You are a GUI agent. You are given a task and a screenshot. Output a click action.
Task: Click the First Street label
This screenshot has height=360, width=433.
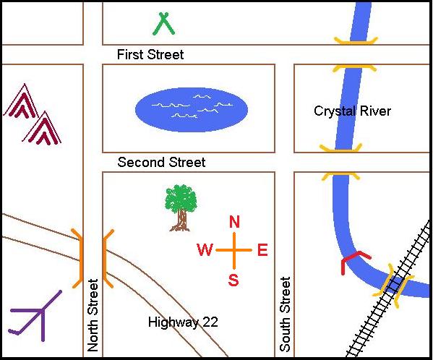tap(150, 54)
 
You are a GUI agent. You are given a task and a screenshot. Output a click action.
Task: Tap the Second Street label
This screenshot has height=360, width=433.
tap(161, 162)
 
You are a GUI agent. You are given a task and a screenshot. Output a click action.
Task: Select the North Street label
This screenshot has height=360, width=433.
tap(93, 315)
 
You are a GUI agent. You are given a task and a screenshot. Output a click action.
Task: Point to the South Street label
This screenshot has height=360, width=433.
tap(285, 314)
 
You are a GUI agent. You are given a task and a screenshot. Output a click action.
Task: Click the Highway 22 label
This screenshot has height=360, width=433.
tap(183, 322)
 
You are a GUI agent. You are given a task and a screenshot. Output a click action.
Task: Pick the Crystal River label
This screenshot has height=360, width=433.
tap(352, 111)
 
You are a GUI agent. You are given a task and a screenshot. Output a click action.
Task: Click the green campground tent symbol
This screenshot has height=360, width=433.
tap(163, 23)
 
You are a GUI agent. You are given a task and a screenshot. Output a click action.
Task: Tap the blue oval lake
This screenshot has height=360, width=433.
tap(192, 110)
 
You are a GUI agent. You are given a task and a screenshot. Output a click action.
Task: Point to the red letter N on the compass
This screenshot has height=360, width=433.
tap(234, 222)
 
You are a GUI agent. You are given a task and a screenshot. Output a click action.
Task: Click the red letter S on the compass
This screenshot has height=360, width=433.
tap(233, 280)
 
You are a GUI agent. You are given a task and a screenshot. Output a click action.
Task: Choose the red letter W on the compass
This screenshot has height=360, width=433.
tap(205, 250)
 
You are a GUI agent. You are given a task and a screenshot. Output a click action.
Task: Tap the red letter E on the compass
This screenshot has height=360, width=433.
tap(262, 250)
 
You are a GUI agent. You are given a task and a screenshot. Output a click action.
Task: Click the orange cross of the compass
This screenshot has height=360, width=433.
tap(234, 250)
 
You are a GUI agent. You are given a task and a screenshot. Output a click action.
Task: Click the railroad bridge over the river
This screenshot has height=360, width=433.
tap(393, 286)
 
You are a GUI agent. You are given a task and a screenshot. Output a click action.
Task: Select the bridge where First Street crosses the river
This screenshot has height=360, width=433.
tap(356, 55)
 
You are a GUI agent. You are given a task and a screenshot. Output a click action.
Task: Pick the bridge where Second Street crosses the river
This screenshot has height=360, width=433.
tap(340, 162)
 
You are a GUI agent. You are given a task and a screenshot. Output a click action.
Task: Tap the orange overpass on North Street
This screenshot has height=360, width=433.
tap(93, 259)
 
